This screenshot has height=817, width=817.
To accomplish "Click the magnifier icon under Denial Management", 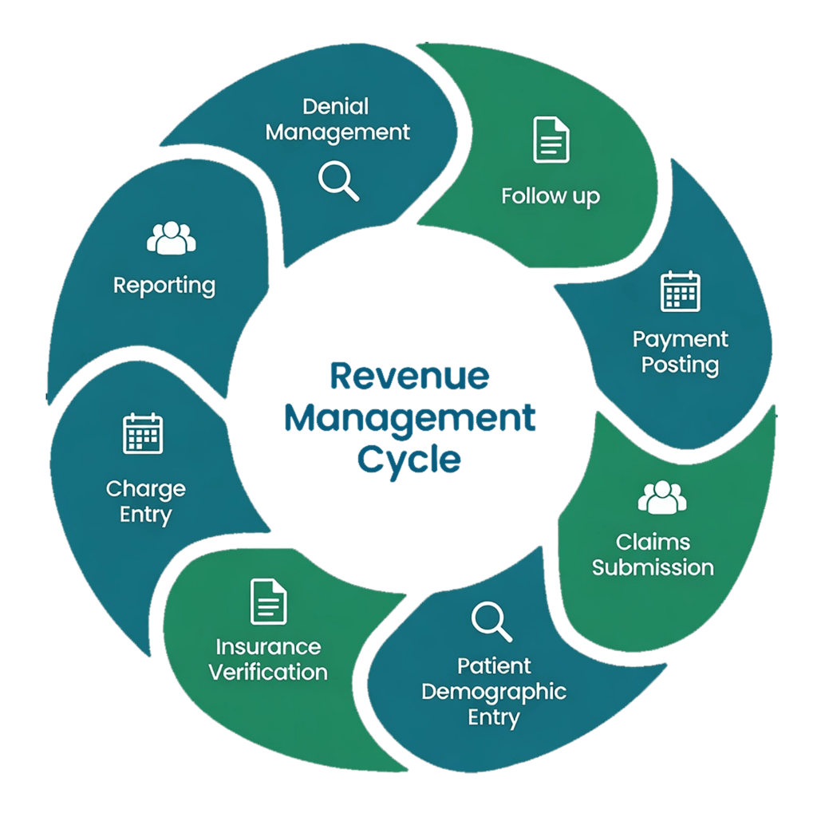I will point(338,180).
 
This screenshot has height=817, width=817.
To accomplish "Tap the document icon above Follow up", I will point(551,140).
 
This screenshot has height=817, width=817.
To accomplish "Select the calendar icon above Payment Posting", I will point(681,291).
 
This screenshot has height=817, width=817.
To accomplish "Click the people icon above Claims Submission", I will point(661,497).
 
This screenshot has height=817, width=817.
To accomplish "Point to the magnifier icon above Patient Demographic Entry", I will point(491,622).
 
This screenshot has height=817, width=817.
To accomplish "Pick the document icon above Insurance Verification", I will point(268,602).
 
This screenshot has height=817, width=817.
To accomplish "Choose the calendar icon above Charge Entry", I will point(143,433).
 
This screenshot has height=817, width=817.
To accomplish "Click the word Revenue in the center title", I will point(409,377).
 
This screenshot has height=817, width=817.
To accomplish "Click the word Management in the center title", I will point(409,418).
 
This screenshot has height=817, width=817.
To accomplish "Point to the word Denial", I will point(336,106).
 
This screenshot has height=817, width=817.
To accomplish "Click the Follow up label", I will point(551,195).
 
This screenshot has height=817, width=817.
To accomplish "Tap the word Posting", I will point(681,365).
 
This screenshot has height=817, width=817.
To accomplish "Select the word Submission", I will point(653,567).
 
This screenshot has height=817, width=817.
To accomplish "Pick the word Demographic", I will point(494,691).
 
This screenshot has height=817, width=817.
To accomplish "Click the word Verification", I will point(268,671).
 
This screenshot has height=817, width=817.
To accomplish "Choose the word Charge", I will point(145,488).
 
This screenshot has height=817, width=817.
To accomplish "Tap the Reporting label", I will point(164,285).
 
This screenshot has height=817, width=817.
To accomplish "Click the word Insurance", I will point(268,646).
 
